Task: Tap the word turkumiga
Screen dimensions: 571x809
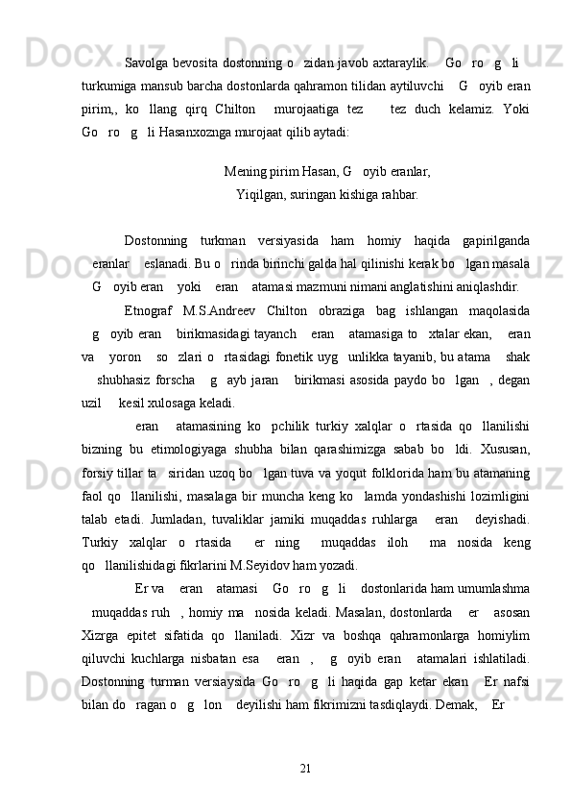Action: [x=111, y=86]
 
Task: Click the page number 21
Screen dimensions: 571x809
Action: [x=305, y=740]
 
